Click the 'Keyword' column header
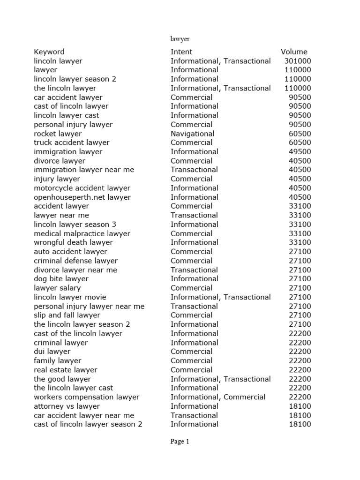click(49, 52)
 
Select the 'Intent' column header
click(181, 52)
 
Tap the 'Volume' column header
click(294, 52)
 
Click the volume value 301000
click(297, 61)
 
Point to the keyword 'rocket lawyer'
click(58, 134)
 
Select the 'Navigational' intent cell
click(192, 134)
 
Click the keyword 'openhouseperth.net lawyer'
click(82, 197)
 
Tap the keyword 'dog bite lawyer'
click(61, 279)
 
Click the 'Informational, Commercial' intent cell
click(218, 397)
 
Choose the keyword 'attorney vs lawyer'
click(67, 406)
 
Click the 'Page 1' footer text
click(180, 441)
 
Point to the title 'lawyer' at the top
click(180, 39)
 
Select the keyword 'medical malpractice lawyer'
click(82, 233)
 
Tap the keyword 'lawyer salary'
click(57, 288)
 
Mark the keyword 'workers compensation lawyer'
click(87, 397)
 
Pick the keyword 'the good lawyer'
click(62, 379)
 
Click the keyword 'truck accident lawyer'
click(72, 142)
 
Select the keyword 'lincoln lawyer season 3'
click(75, 225)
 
